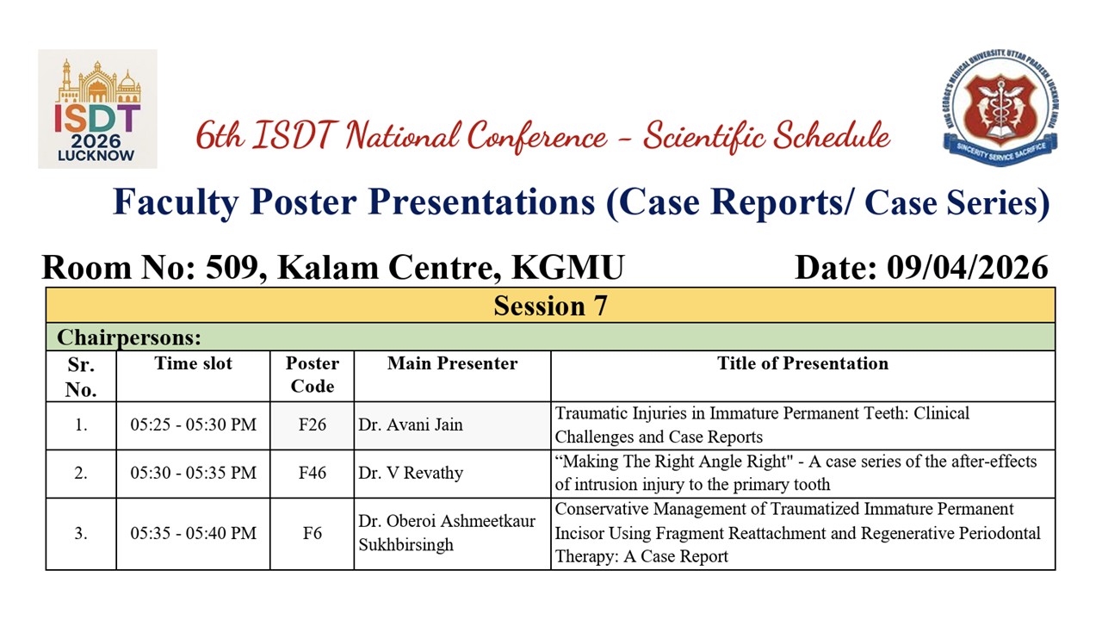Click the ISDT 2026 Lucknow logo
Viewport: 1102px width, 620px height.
[x=97, y=108]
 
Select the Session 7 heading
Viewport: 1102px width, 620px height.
[x=550, y=306]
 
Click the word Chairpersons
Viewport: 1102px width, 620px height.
[x=129, y=338]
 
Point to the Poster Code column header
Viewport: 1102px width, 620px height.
[x=313, y=375]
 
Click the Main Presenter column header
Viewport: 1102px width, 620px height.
[x=452, y=363]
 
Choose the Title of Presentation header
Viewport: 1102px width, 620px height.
[x=803, y=363]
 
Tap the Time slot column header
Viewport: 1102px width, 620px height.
[x=194, y=363]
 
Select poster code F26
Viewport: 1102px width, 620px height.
[x=313, y=425]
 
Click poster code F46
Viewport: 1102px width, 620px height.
[x=313, y=473]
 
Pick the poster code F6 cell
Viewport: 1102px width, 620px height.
[x=313, y=533]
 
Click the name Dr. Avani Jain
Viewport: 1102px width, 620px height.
[x=411, y=425]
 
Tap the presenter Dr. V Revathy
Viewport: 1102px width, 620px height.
[x=411, y=473]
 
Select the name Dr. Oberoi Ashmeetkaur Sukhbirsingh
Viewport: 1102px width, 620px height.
[x=447, y=533]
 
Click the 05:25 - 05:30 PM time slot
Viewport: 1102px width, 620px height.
[x=194, y=425]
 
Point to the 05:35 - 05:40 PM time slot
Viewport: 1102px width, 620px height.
[x=194, y=533]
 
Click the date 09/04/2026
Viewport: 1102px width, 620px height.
[x=967, y=268]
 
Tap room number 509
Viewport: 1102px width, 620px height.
[x=232, y=268]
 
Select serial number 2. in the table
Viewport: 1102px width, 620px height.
[x=81, y=473]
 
